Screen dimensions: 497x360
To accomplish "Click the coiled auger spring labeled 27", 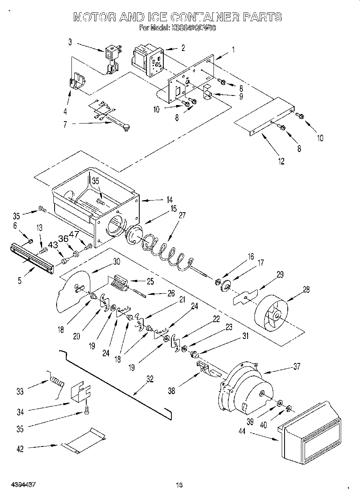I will point(165,252).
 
